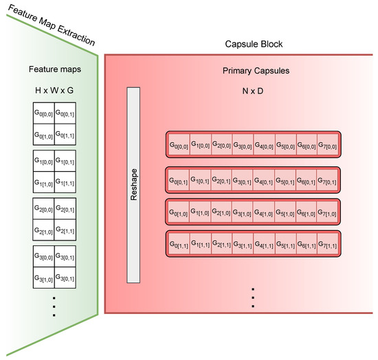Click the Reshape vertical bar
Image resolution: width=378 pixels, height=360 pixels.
(133, 185)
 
